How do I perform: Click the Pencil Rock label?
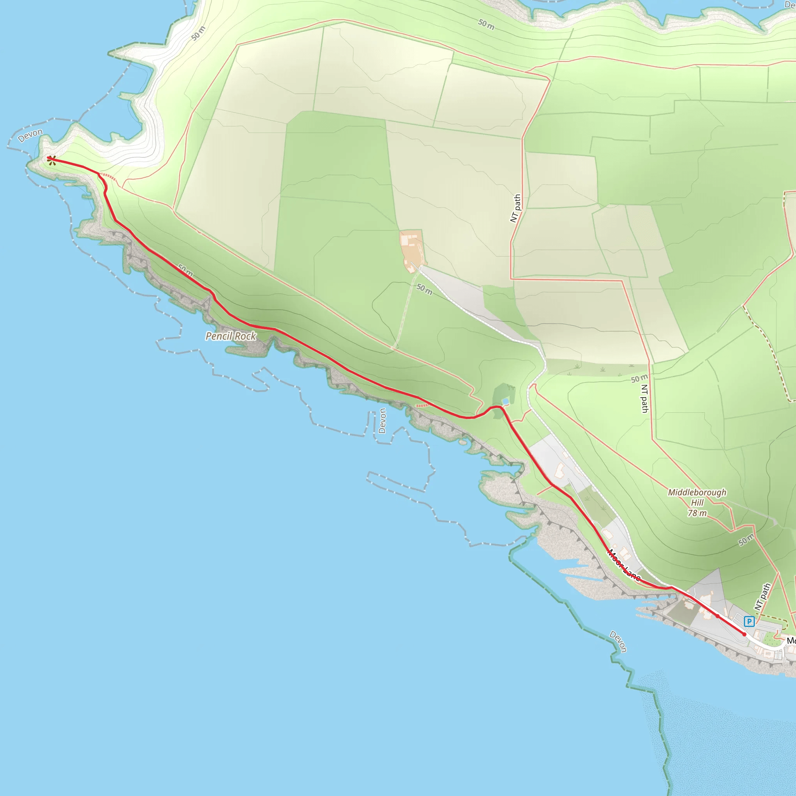231,336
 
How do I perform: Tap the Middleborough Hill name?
697,497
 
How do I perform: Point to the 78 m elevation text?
697,513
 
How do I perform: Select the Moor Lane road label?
624,565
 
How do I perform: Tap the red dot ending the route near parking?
744,634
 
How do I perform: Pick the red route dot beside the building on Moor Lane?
717,616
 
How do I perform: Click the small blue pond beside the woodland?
506,401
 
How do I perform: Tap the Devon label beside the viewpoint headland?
30,135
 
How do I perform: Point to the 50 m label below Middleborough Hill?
746,539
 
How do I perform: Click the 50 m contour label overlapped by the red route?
185,271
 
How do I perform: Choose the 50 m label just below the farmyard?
424,289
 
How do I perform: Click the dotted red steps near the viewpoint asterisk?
109,177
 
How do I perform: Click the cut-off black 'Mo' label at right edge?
791,641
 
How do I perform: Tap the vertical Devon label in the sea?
382,421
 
